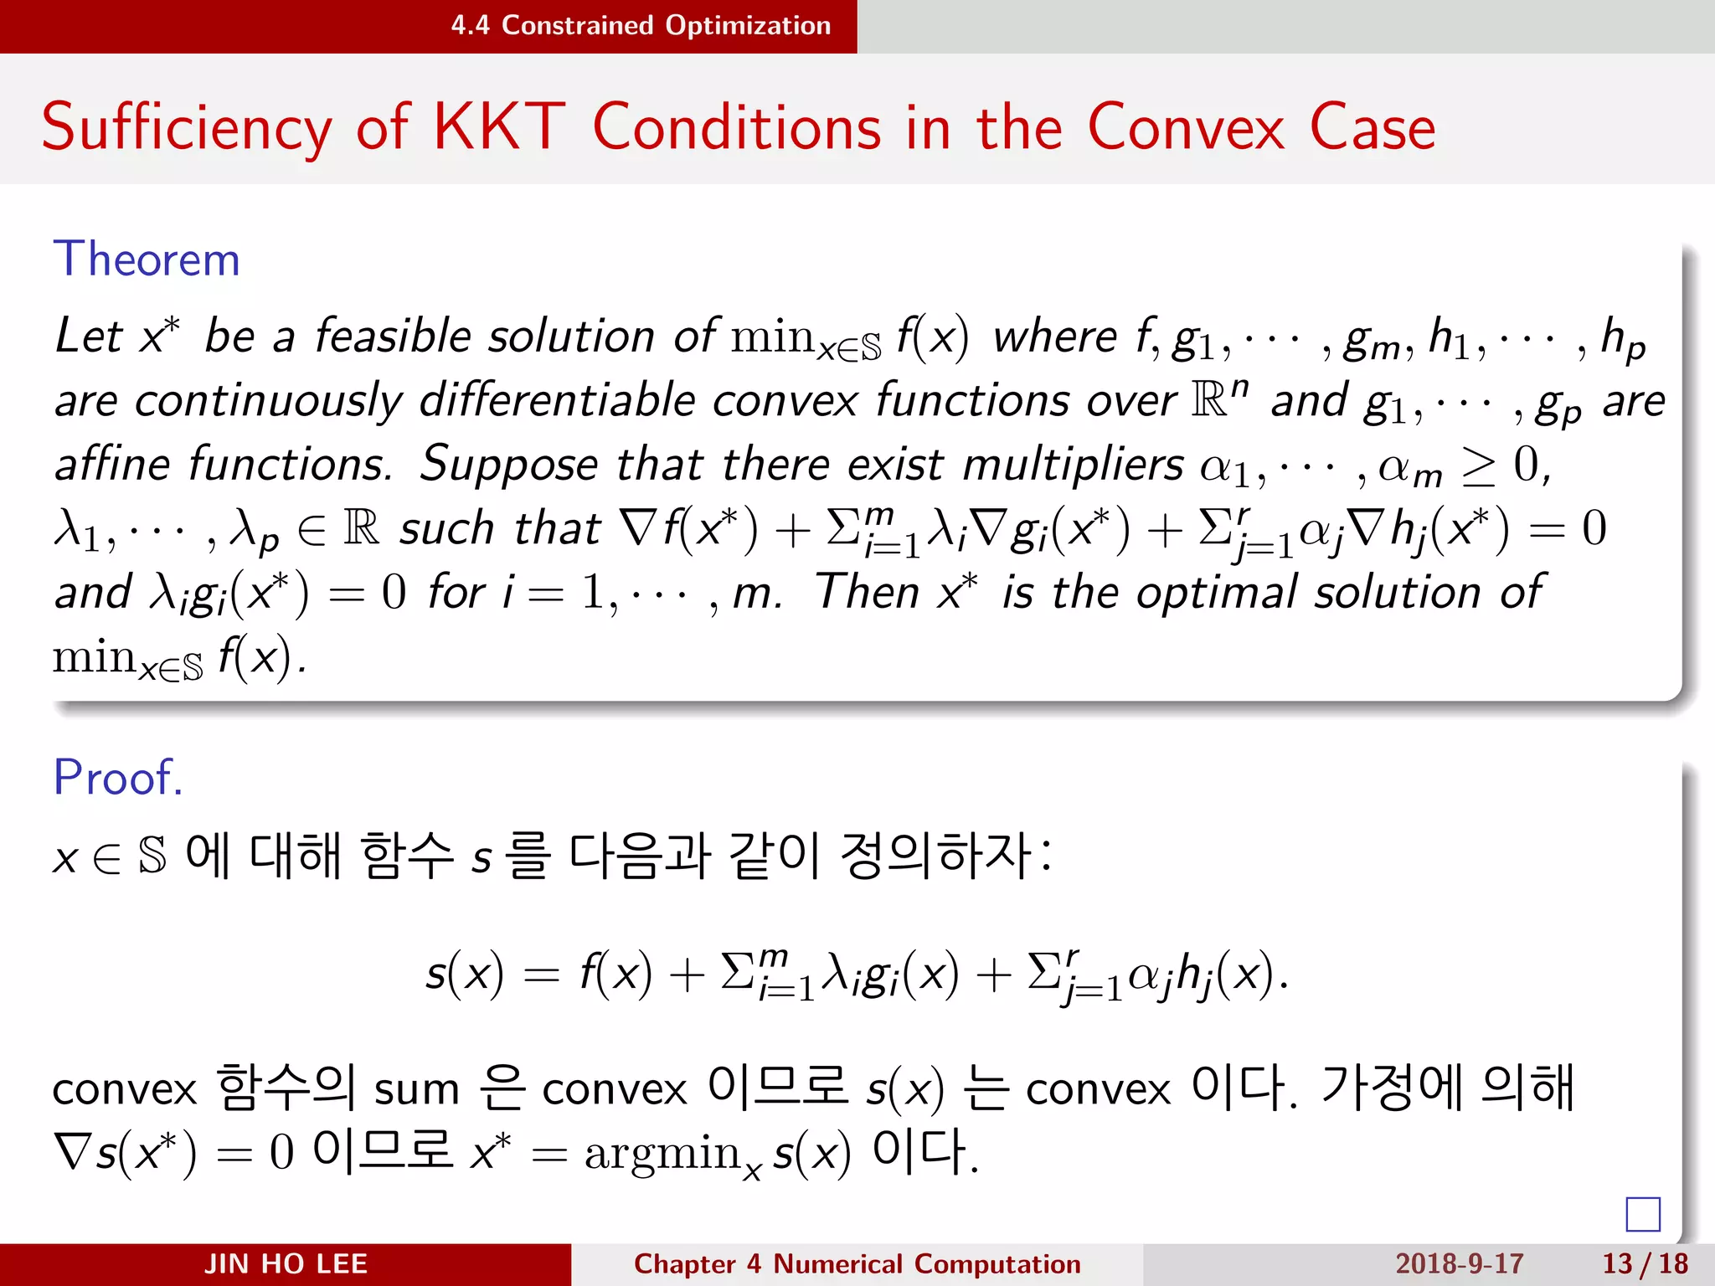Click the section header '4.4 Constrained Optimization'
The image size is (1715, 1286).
[x=641, y=26]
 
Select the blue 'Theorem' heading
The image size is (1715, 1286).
[x=147, y=259]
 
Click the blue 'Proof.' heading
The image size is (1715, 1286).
[x=117, y=777]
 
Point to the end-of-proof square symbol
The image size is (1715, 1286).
[x=1642, y=1214]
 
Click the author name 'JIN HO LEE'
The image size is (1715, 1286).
[x=286, y=1263]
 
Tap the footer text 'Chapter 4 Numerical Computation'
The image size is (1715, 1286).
[x=857, y=1263]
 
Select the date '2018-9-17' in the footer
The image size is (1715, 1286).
[x=1459, y=1263]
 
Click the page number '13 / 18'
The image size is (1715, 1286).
[x=1645, y=1263]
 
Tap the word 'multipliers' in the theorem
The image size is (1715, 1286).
[x=1073, y=465]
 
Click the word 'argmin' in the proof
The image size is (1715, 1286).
[x=662, y=1154]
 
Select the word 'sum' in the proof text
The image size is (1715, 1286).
[x=416, y=1090]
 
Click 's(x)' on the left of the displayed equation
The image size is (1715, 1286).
[x=465, y=974]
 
